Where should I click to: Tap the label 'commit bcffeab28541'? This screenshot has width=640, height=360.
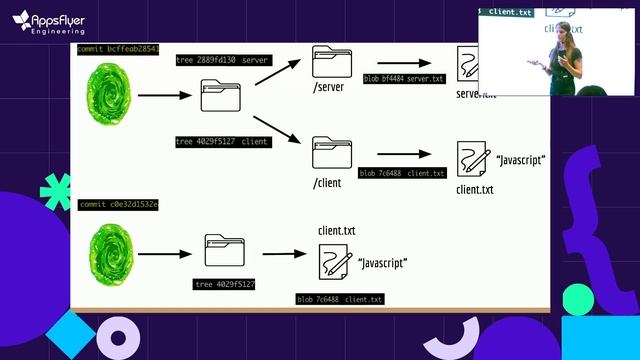click(x=118, y=49)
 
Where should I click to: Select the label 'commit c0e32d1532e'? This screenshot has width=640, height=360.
click(x=118, y=204)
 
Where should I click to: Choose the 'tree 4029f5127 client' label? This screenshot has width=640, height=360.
click(x=222, y=142)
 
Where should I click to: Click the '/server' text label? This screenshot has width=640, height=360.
click(x=329, y=88)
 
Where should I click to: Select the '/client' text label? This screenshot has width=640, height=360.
click(x=327, y=182)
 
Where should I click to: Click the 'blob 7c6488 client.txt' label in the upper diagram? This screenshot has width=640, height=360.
click(x=402, y=173)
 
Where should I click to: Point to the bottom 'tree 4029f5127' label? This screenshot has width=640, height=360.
click(x=225, y=285)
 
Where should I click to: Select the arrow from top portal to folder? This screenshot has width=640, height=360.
click(x=164, y=96)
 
